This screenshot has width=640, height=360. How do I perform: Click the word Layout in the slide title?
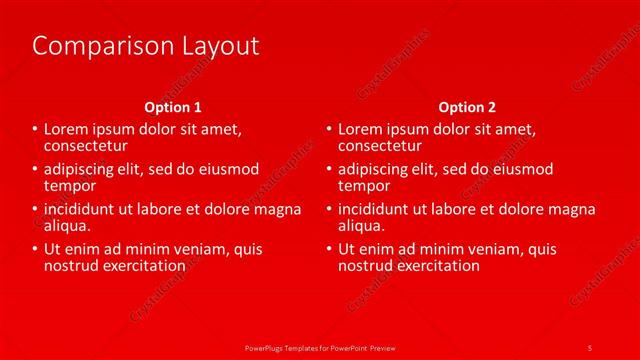[x=213, y=46]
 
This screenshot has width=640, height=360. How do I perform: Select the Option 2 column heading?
[x=466, y=107]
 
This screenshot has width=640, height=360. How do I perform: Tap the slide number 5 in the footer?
[x=590, y=347]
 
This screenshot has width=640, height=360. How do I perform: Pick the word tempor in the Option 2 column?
[x=364, y=185]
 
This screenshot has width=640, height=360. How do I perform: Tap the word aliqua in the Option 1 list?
[x=68, y=226]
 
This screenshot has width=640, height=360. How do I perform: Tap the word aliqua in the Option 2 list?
[x=362, y=226]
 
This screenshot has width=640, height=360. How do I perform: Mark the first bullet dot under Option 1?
[x=34, y=130]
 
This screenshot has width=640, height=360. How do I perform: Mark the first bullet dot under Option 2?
[x=329, y=130]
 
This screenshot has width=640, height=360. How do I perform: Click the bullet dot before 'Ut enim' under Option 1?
[x=34, y=250]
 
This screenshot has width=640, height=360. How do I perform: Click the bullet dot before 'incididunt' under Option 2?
[x=329, y=210]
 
